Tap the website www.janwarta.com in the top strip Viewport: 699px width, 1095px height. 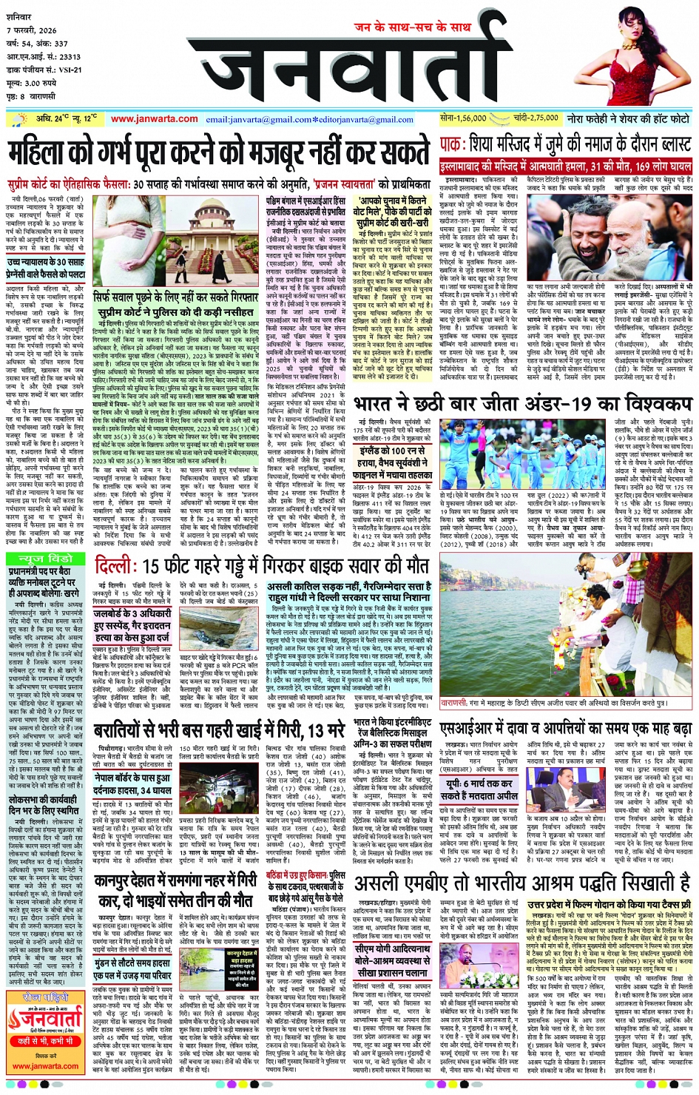tap(155, 118)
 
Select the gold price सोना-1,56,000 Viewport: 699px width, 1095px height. tap(463, 118)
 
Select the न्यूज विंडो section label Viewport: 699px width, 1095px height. tap(46, 557)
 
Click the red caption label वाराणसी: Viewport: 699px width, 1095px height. tap(453, 702)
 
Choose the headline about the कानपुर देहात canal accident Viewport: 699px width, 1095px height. tap(176, 892)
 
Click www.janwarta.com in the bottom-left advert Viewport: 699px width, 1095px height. tap(46, 1066)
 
